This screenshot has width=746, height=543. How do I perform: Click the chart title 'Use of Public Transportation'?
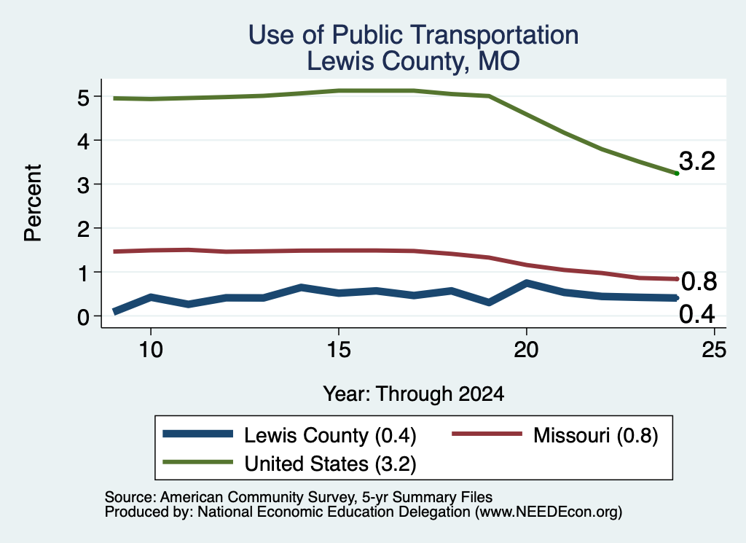click(414, 35)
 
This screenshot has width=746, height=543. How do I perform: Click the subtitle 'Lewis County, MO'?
click(413, 61)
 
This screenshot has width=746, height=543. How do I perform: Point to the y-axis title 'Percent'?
click(34, 203)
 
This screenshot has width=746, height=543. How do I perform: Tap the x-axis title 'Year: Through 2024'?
click(414, 394)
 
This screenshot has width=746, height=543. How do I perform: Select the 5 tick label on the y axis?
click(83, 98)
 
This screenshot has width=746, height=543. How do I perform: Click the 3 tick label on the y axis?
click(83, 185)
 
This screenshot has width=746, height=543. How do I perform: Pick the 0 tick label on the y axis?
click(83, 317)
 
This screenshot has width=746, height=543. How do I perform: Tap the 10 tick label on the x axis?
click(151, 350)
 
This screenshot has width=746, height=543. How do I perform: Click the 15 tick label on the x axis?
click(339, 350)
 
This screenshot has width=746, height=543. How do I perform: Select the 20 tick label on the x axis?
click(526, 350)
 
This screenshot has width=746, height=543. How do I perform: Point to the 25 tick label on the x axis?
click(714, 350)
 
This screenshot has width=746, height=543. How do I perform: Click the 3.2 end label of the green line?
click(697, 161)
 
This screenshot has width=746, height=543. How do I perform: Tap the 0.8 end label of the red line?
click(699, 282)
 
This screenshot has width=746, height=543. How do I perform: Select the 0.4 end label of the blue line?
click(697, 314)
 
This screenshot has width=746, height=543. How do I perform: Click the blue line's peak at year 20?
click(526, 283)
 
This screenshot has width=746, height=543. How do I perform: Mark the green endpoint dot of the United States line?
click(677, 173)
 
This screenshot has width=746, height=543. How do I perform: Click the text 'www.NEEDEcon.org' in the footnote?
click(549, 512)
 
